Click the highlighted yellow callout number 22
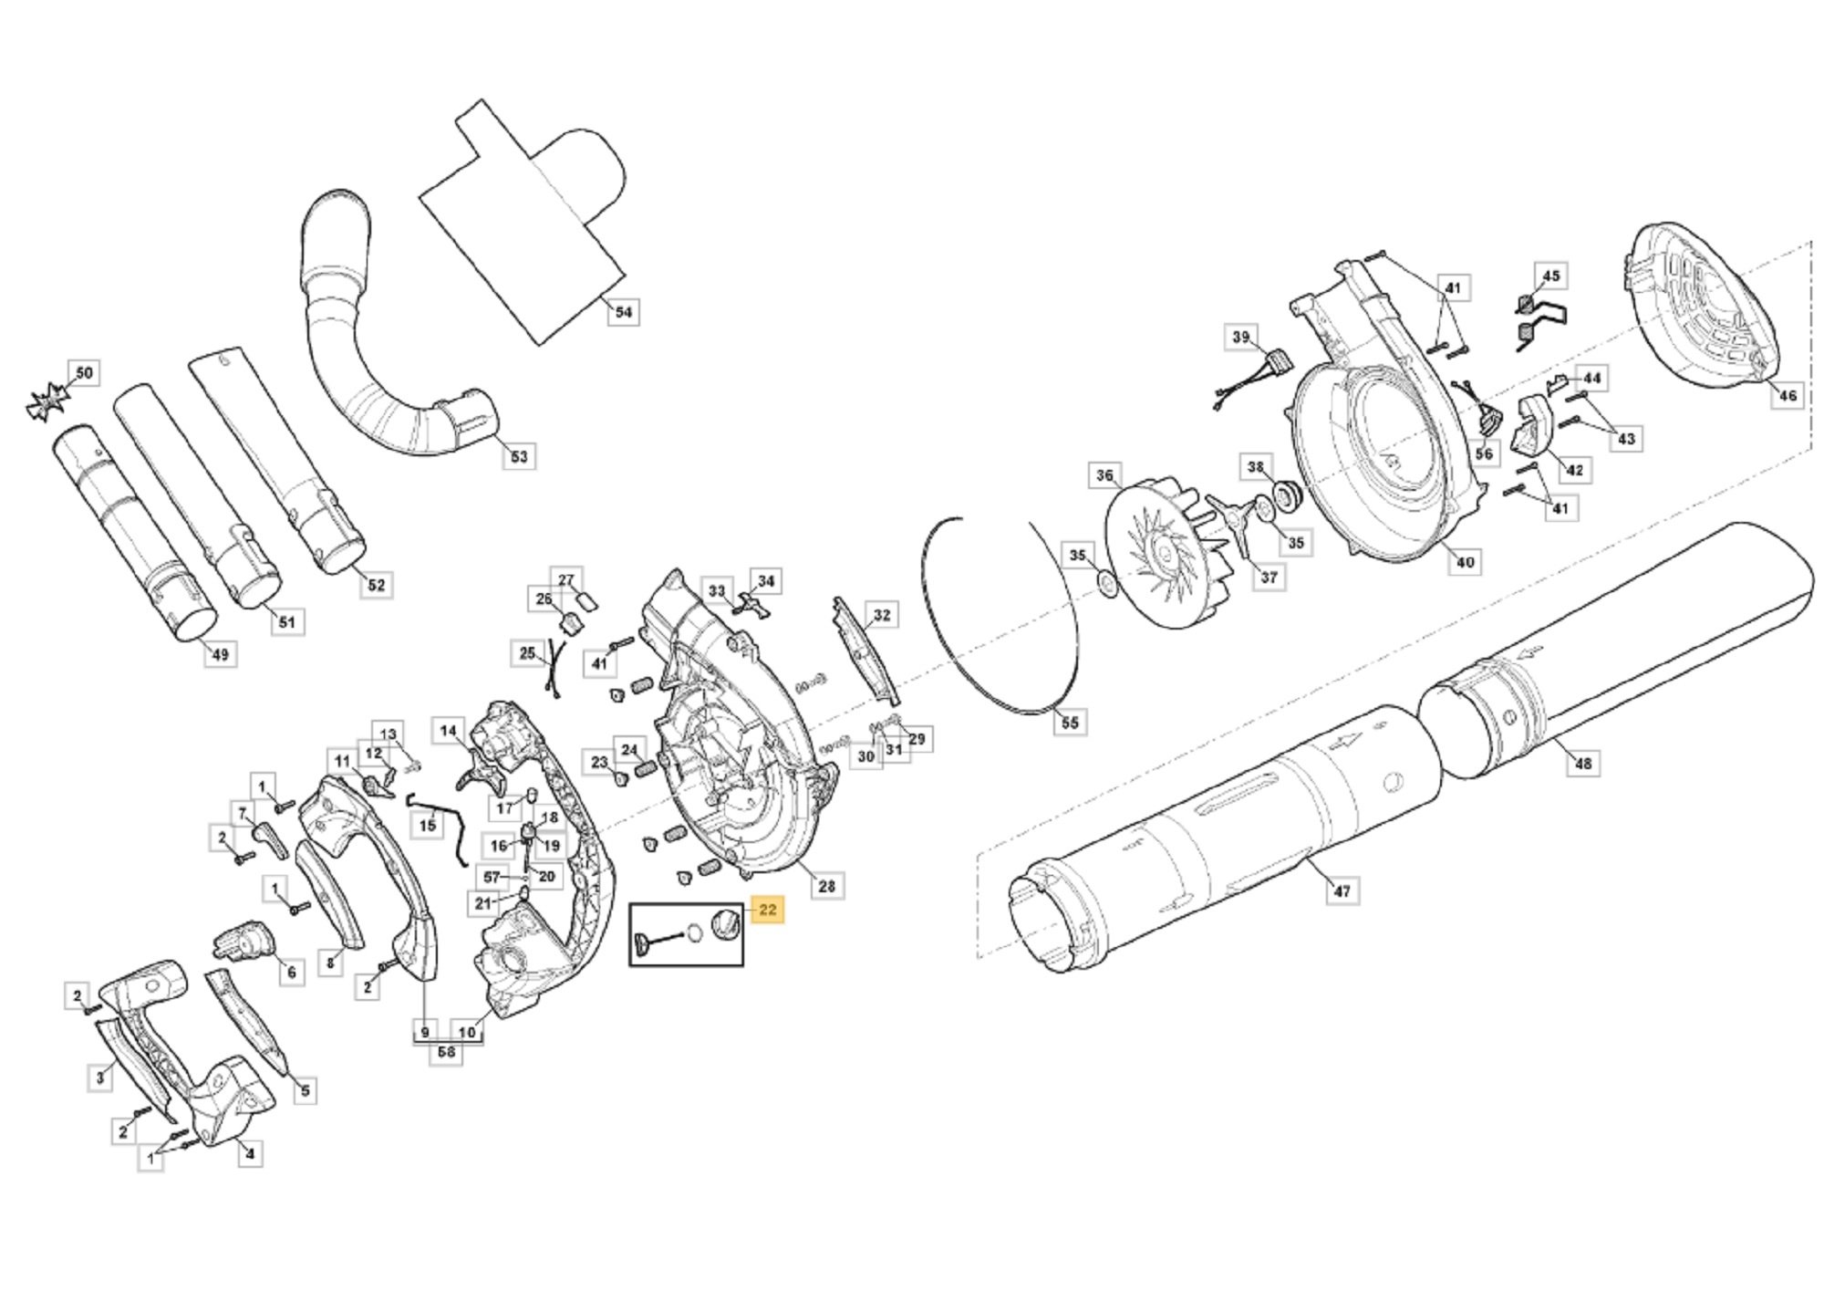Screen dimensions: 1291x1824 [x=767, y=910]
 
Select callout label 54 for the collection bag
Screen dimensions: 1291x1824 [x=623, y=312]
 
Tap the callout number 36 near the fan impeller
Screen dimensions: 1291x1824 [x=1104, y=475]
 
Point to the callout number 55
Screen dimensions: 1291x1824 [x=1070, y=723]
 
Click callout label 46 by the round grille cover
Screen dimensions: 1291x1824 [x=1788, y=395]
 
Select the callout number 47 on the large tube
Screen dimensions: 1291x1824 [x=1342, y=890]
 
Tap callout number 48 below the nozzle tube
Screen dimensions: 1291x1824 [x=1583, y=763]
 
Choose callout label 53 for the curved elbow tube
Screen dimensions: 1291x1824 [x=519, y=456]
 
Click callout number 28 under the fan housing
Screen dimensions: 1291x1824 [x=826, y=886]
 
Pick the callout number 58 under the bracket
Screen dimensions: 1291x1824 [x=446, y=1052]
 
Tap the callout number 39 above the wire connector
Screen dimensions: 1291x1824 [x=1240, y=338]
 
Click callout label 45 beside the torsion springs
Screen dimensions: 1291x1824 [x=1550, y=276]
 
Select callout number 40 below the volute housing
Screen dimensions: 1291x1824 [x=1465, y=562]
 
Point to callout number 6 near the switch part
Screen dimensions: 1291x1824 [x=291, y=973]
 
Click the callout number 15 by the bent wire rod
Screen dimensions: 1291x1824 [x=427, y=827]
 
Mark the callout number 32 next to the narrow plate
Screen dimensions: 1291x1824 [x=881, y=615]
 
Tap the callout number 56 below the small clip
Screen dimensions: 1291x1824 [x=1484, y=453]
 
